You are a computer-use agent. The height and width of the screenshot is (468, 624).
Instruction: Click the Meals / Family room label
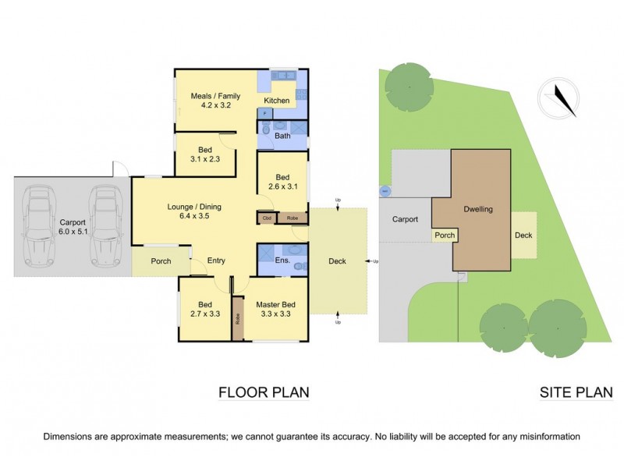(x=215, y=101)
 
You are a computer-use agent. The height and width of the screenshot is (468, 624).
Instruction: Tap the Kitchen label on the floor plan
(x=277, y=101)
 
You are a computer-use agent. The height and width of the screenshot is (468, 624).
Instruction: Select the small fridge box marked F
(x=264, y=114)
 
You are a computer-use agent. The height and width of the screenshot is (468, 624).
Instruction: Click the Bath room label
(x=282, y=136)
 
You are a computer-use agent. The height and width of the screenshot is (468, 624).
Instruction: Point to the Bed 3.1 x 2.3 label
(x=204, y=154)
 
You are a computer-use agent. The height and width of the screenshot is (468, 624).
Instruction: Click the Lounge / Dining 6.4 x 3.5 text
(x=194, y=212)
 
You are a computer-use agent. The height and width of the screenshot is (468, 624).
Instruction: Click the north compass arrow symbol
(x=561, y=99)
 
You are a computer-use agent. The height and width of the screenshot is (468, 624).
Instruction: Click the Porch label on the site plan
(x=445, y=234)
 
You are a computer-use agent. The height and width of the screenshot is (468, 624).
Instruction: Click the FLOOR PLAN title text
(x=264, y=392)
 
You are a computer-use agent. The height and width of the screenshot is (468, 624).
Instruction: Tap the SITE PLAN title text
(x=575, y=392)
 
